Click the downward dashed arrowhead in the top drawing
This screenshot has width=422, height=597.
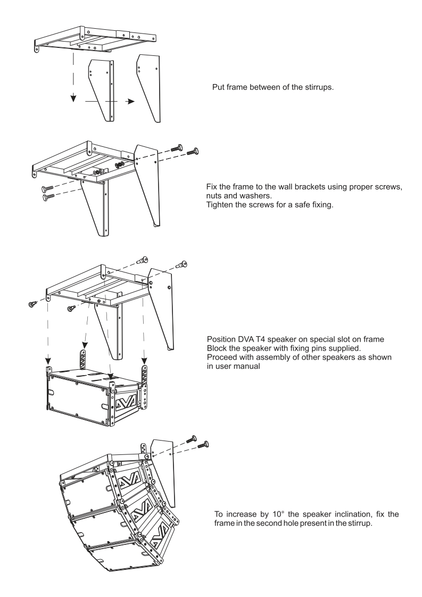point(75,98)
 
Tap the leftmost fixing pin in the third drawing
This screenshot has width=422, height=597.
point(31,303)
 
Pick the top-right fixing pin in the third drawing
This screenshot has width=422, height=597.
point(183,263)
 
